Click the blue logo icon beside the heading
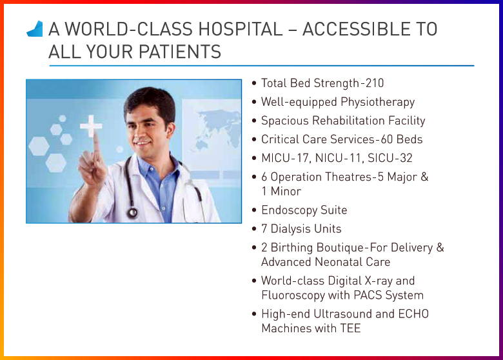pos(35,28)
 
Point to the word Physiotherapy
pos(377,102)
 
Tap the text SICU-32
pos(391,158)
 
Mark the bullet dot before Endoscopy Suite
pos(254,210)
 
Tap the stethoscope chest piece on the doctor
pos(132,212)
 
